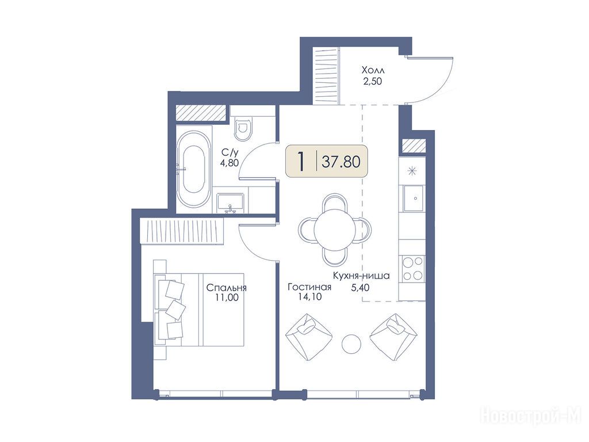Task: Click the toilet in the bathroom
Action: (243, 128)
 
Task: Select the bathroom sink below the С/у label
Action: (230, 203)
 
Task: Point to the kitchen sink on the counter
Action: (414, 198)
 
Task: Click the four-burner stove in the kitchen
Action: (413, 268)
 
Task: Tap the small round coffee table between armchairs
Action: (351, 343)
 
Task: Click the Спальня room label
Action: (227, 288)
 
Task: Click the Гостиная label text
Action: (309, 287)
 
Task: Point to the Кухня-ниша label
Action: (361, 276)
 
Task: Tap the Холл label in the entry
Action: (373, 70)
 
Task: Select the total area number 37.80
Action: (341, 162)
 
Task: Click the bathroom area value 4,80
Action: (230, 163)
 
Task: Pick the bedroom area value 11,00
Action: (227, 298)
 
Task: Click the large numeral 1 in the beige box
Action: (300, 161)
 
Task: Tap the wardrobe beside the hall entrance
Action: (327, 77)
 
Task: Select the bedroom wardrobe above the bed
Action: (182, 231)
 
